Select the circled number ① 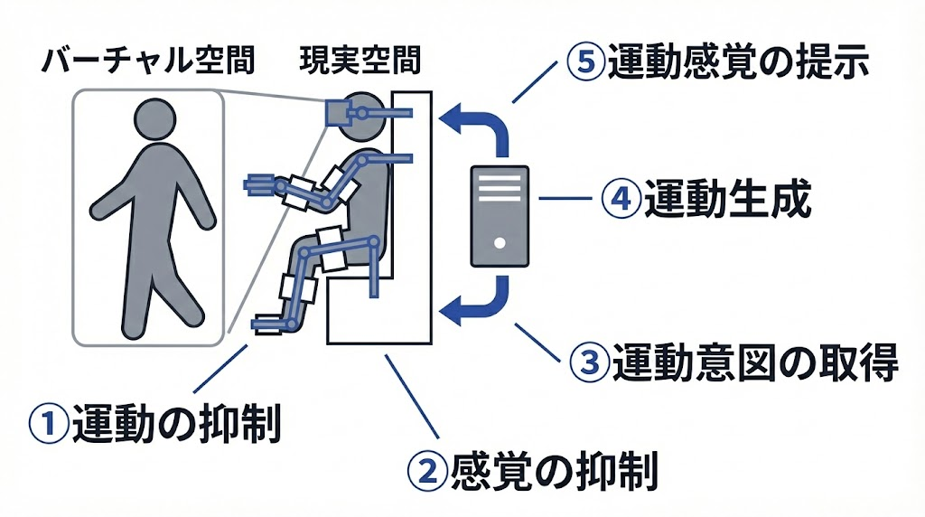[x=50, y=423]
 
